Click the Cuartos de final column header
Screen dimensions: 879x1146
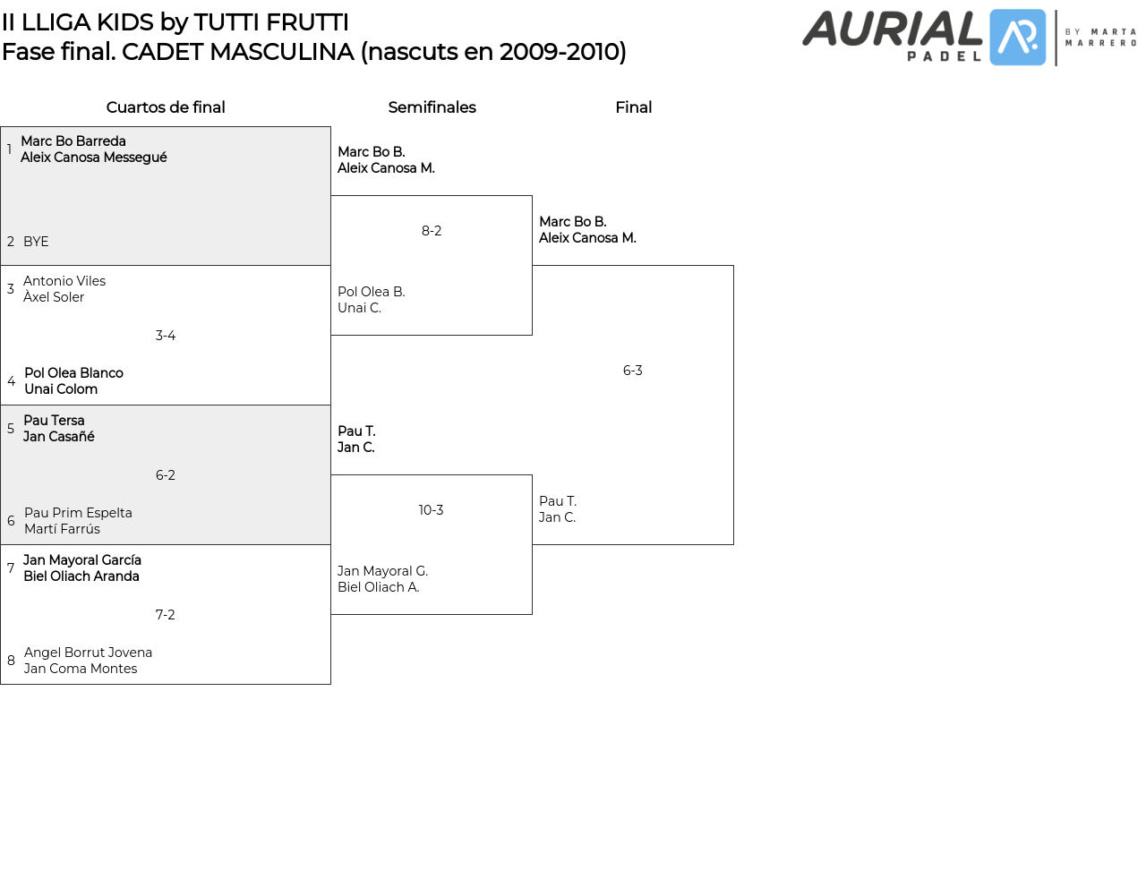tap(166, 107)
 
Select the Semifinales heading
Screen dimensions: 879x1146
tap(432, 107)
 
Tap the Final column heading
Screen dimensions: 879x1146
tap(633, 107)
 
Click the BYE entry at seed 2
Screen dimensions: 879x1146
tap(36, 242)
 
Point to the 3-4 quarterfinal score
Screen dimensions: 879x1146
tap(166, 336)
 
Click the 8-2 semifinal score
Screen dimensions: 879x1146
tap(432, 231)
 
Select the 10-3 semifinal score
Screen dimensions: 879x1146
tap(431, 510)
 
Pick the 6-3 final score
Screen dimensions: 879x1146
tap(633, 371)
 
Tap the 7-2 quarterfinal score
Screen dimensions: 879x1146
tap(166, 615)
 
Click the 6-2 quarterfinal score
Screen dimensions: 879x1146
tap(166, 475)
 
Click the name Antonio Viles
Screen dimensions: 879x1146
tap(64, 281)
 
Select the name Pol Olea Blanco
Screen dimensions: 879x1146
tap(73, 373)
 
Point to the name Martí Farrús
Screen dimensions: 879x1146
tap(62, 529)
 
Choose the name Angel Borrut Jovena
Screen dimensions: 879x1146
tap(88, 653)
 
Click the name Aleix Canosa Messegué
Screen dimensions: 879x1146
tap(94, 158)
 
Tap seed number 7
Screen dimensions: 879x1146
tap(11, 568)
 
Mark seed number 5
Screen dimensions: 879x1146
tap(11, 429)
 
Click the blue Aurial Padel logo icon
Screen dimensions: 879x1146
tap(1018, 38)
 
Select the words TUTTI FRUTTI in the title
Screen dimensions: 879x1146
tap(271, 22)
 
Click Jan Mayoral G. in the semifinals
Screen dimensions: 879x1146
tap(382, 571)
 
